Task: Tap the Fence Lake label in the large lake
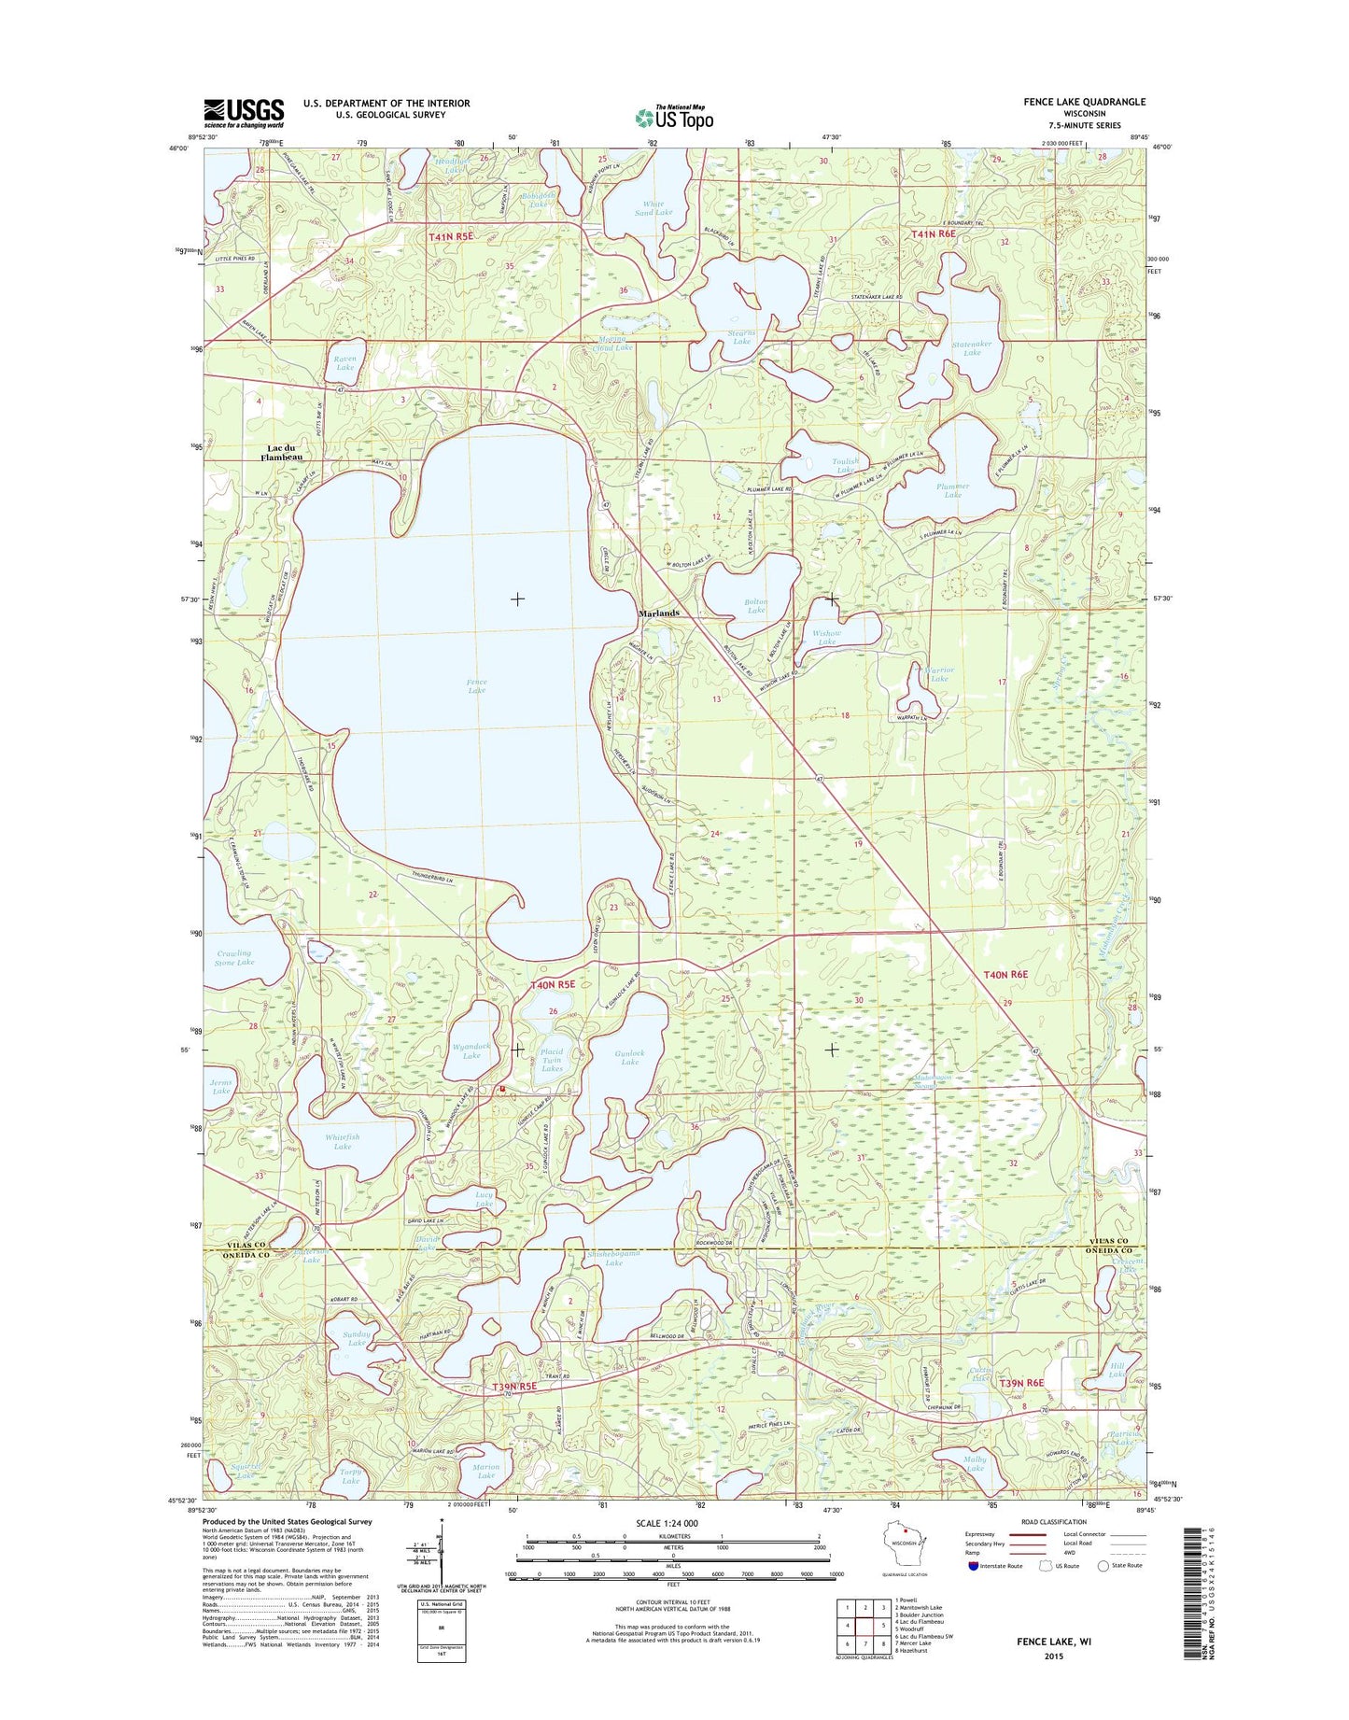tap(476, 686)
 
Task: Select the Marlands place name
tap(658, 613)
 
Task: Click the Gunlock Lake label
tap(630, 1057)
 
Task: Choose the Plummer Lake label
tap(952, 490)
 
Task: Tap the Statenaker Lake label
tap(972, 348)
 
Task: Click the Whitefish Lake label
tap(343, 1141)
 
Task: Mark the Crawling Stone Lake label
tap(233, 958)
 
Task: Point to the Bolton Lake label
tap(756, 606)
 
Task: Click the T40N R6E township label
tap(1005, 975)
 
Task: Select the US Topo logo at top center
tap(674, 116)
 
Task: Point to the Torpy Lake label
tap(350, 1476)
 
